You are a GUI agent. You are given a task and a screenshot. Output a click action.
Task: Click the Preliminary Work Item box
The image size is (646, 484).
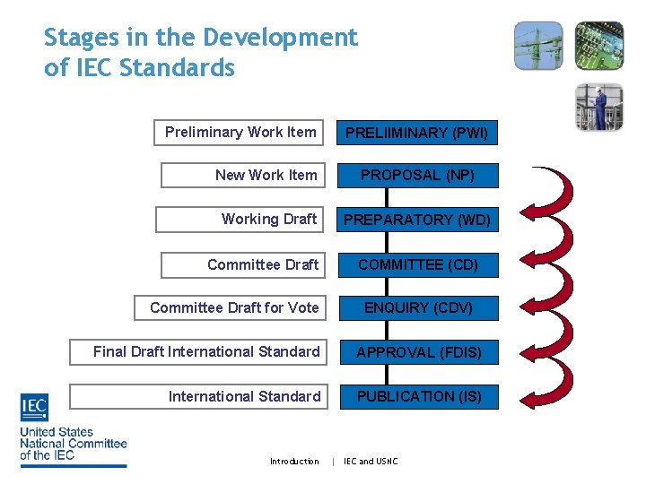239,133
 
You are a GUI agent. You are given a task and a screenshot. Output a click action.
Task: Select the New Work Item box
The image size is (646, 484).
242,176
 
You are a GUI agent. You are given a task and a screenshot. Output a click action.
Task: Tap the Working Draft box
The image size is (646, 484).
240,220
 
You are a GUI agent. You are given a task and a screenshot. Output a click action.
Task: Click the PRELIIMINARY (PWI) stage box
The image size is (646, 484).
418,133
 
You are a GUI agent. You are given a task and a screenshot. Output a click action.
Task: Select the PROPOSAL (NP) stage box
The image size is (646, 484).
418,176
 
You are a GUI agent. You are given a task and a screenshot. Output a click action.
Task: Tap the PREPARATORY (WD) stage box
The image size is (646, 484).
418,220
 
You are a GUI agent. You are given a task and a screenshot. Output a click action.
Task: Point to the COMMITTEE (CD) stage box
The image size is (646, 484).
418,264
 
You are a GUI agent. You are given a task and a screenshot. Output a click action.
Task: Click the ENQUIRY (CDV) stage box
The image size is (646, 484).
418,307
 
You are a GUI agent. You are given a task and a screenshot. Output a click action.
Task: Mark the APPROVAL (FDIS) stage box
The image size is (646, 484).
418,352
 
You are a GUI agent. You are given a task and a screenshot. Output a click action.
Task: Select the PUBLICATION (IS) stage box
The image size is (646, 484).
418,396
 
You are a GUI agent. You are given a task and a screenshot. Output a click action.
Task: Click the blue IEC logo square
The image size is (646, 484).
34,408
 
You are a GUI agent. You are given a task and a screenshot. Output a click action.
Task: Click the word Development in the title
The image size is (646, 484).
280,38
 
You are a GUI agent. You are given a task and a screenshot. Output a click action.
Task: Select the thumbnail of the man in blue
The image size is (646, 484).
598,107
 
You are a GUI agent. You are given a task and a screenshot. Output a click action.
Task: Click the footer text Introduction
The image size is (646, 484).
294,462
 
